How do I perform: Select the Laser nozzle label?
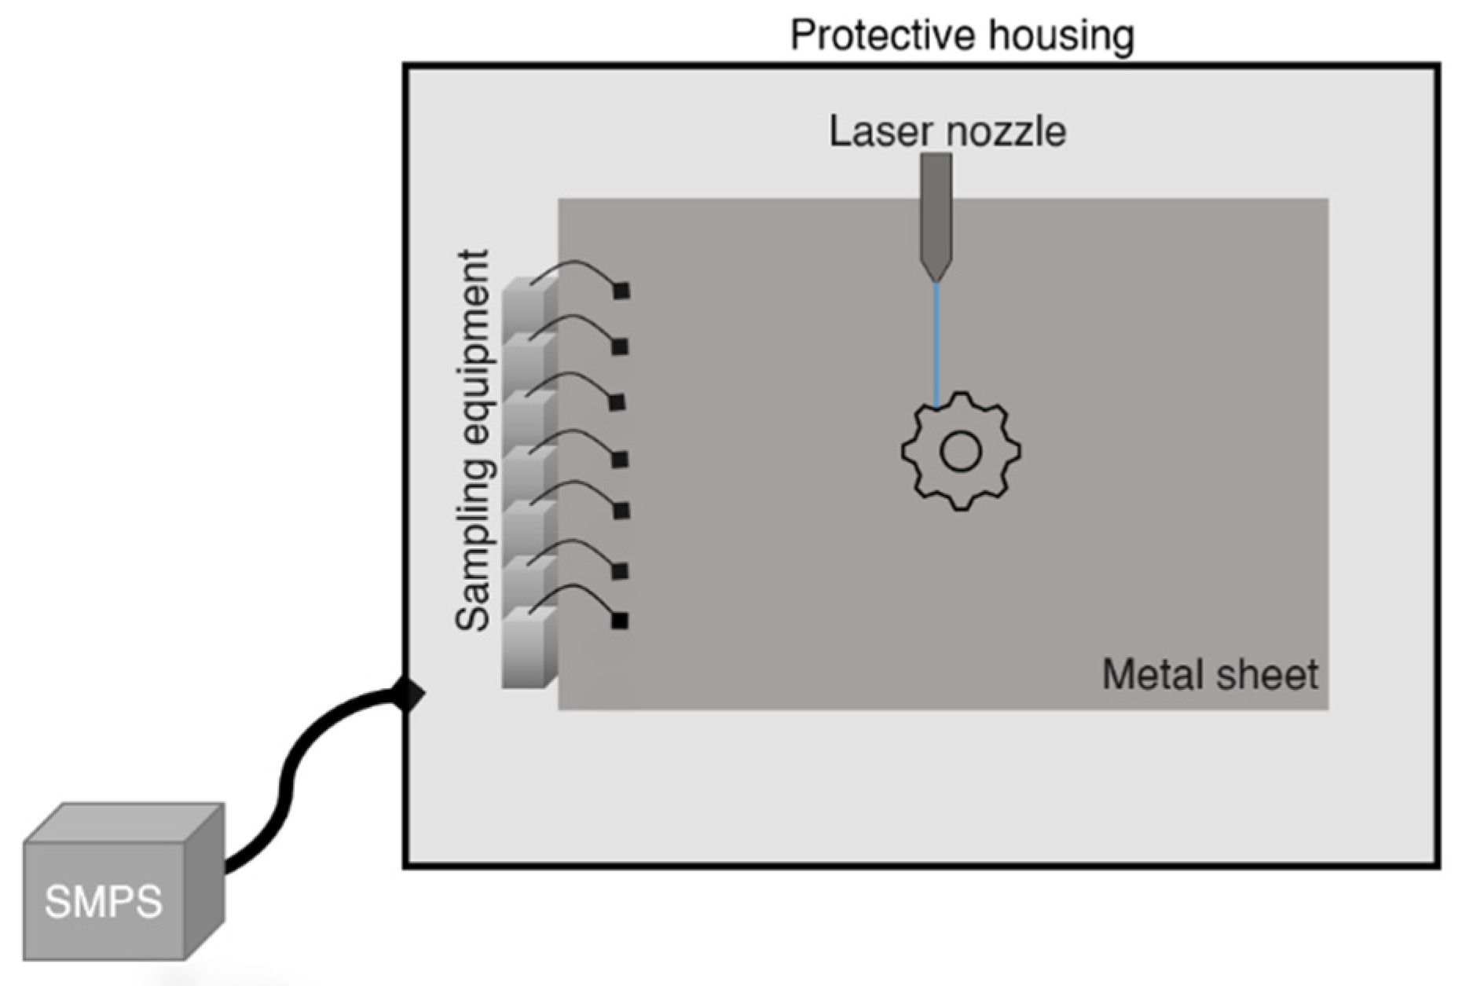[947, 131]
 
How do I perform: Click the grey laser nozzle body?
[936, 204]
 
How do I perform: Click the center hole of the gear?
[960, 452]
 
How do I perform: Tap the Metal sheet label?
[1210, 674]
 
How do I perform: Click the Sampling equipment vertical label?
[474, 440]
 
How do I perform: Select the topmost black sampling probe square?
[621, 291]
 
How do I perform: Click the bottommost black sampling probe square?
[620, 621]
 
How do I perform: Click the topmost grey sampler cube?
[525, 302]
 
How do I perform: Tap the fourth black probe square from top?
[620, 459]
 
